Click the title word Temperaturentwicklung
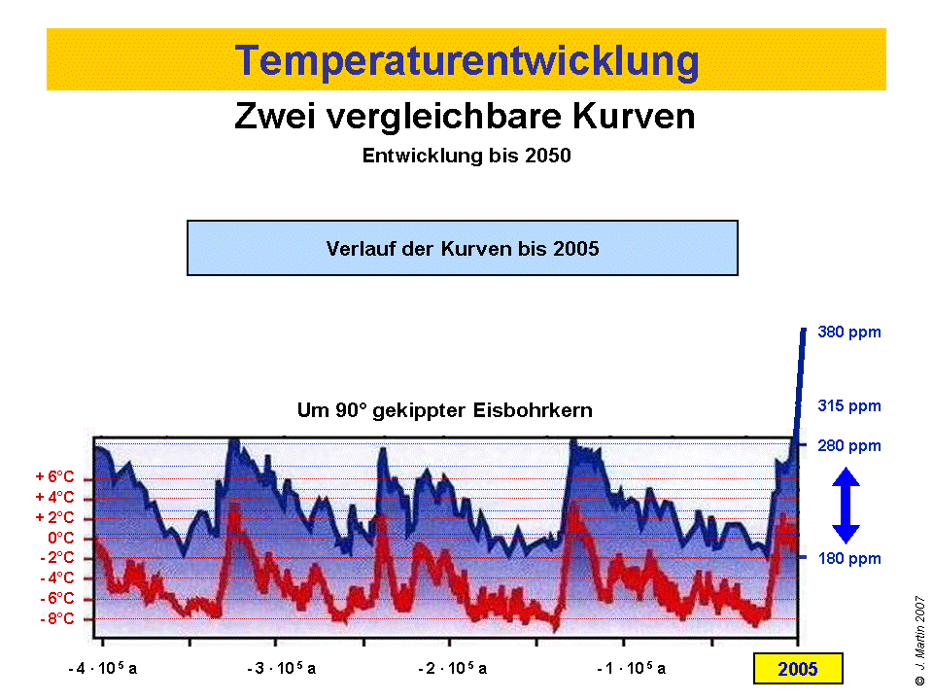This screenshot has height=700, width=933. click(x=466, y=60)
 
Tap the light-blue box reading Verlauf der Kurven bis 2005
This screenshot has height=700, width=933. click(x=463, y=248)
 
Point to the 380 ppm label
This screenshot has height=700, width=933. click(x=848, y=332)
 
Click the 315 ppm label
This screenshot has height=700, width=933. click(x=848, y=405)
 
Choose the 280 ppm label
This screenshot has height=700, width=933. click(x=848, y=446)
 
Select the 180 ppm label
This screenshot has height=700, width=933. click(x=848, y=559)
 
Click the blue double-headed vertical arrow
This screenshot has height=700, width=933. click(x=846, y=506)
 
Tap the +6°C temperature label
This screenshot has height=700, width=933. click(x=54, y=477)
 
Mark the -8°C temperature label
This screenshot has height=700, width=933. click(x=56, y=618)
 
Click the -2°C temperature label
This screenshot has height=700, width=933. click(x=56, y=557)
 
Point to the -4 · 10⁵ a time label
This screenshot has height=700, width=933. click(x=103, y=669)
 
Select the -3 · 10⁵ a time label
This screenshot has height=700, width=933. click(x=281, y=669)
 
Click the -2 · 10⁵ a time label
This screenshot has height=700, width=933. click(x=453, y=669)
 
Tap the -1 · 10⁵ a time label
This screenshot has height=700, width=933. click(x=632, y=669)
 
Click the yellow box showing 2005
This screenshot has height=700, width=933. click(x=797, y=669)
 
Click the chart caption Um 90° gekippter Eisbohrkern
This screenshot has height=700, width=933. click(x=444, y=411)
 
